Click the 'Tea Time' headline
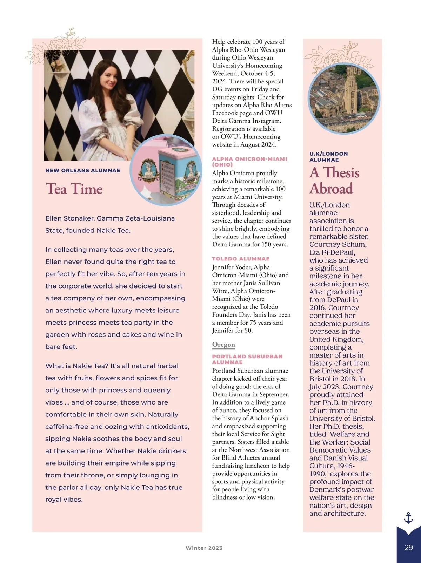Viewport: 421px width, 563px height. [x=74, y=189]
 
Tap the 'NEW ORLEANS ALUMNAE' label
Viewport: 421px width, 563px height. [x=83, y=170]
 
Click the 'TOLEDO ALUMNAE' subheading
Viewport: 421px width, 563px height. [x=241, y=259]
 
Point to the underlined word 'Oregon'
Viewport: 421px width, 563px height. [x=223, y=345]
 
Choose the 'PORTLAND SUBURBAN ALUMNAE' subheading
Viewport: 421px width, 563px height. [x=247, y=359]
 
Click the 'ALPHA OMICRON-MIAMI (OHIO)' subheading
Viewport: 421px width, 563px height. [x=249, y=162]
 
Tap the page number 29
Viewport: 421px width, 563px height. [x=409, y=548]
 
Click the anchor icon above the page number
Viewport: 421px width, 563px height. [x=408, y=518]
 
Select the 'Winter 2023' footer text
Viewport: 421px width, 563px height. [x=204, y=548]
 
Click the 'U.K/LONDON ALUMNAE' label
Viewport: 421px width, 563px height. [x=328, y=157]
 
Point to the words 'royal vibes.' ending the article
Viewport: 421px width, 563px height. [x=64, y=500]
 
